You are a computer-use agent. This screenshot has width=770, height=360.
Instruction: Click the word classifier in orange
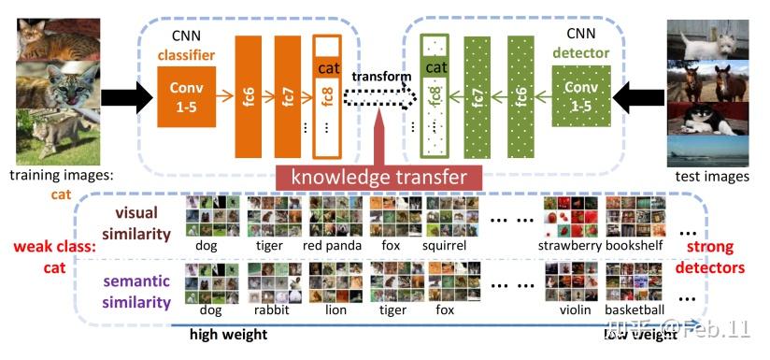coord(187,55)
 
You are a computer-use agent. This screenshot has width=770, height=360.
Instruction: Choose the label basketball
coord(635,310)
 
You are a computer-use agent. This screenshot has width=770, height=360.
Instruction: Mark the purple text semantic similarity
coord(137,290)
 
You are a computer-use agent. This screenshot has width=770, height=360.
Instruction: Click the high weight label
coord(228,334)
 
